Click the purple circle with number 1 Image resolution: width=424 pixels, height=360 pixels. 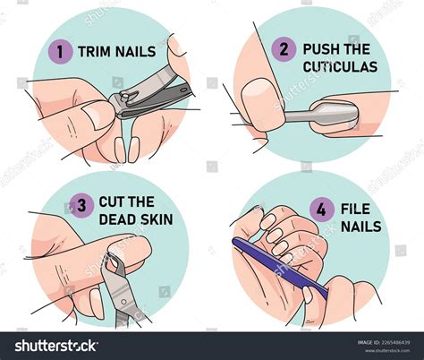coord(62,52)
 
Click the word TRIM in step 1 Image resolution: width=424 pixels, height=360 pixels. coord(96,52)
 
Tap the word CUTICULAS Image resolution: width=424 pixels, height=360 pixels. coord(340,66)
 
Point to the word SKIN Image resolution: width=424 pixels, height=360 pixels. coord(158,220)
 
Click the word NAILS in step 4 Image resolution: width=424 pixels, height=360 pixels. coord(361,227)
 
